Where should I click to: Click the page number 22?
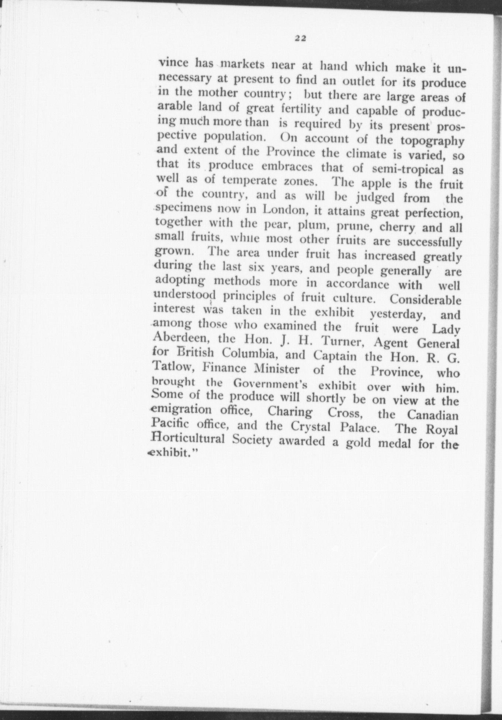pos(301,38)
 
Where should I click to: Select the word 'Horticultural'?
pos(188,439)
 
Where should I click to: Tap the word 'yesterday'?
pos(399,314)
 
